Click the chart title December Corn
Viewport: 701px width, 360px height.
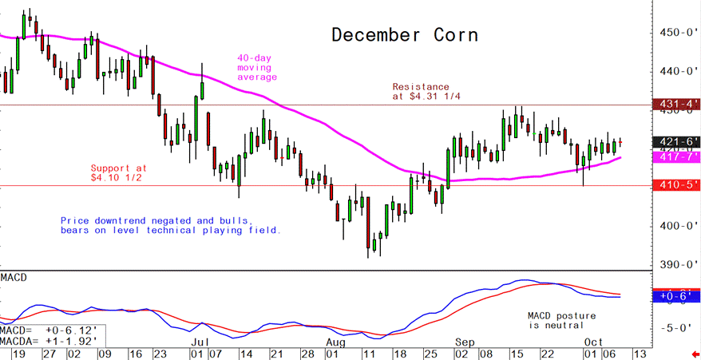[405, 35]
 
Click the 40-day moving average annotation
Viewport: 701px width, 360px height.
[256, 67]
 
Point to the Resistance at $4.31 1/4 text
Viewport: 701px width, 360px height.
[421, 91]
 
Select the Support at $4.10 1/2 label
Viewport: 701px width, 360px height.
[119, 172]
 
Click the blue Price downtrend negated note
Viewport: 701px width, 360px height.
[170, 224]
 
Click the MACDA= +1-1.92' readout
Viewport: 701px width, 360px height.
[49, 340]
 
